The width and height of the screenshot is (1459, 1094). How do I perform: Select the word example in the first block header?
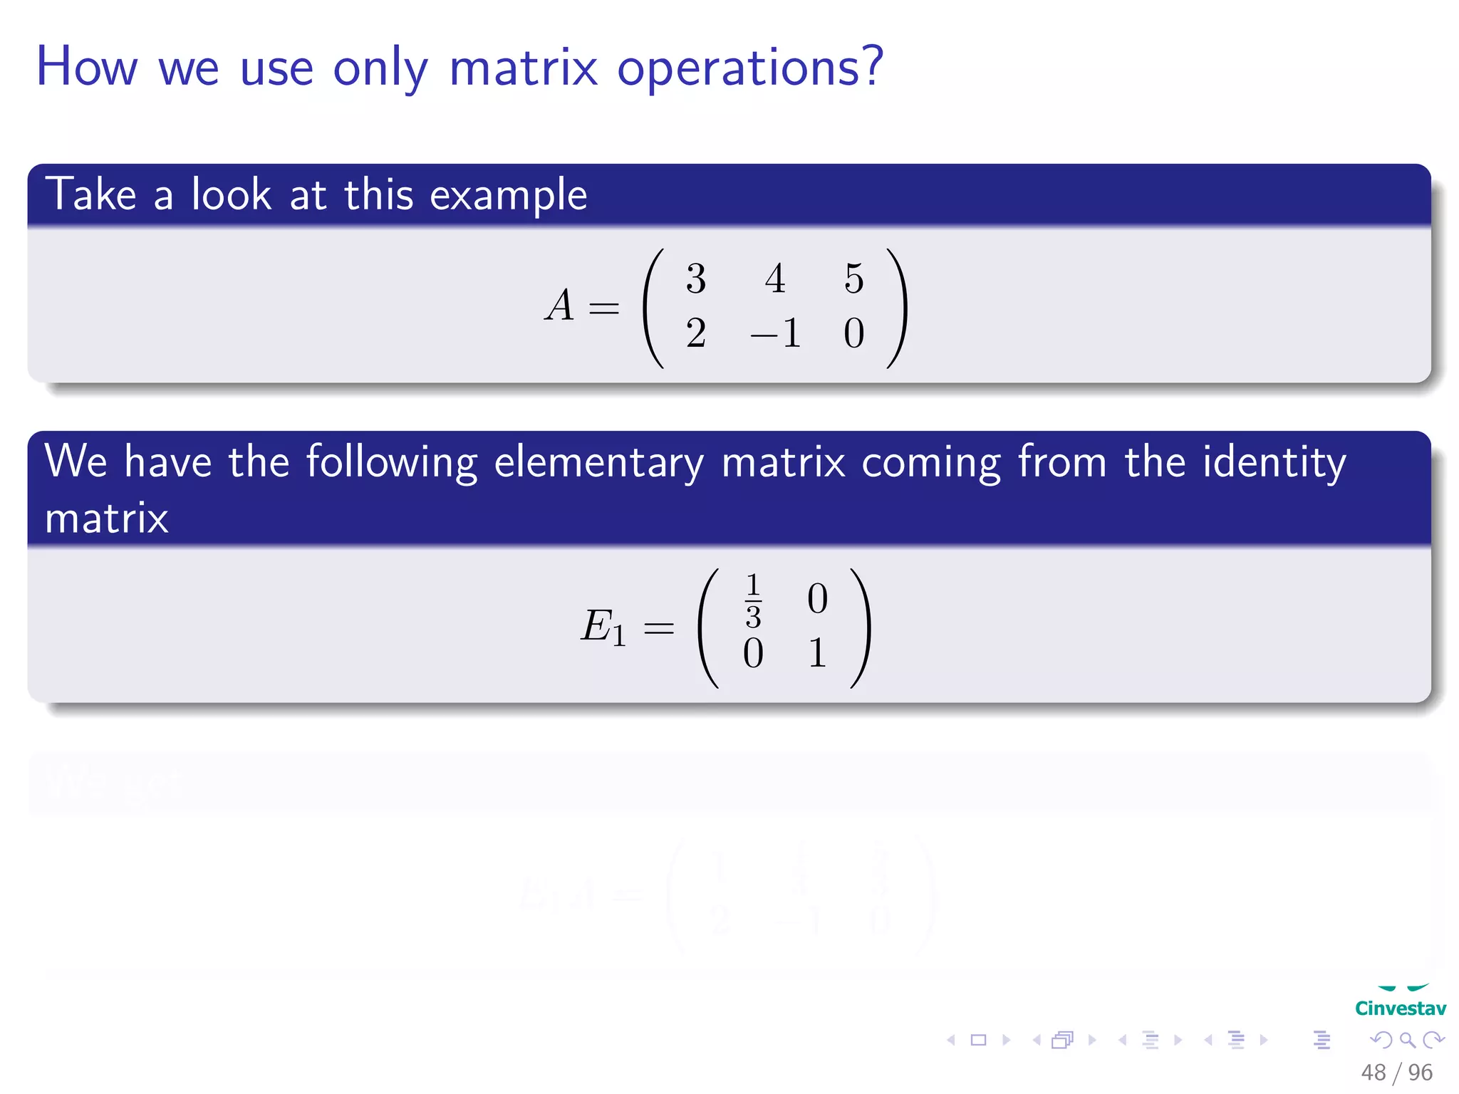[508, 196]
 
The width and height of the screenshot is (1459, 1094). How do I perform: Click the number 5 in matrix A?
[853, 278]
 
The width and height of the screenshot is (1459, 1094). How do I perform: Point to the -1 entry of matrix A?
[776, 333]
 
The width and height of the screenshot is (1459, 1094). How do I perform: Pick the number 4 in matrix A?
[775, 278]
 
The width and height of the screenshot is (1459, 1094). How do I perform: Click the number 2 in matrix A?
[696, 333]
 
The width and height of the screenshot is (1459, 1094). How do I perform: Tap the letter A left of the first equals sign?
[560, 306]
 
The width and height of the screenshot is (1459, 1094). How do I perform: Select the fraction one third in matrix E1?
[753, 600]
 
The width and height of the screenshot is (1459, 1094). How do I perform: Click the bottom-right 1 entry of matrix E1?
[817, 653]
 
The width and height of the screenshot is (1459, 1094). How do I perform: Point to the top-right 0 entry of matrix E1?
[817, 599]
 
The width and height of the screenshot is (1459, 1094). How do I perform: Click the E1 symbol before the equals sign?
[603, 627]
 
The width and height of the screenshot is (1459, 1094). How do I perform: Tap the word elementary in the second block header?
[598, 463]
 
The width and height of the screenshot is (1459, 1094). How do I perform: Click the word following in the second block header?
[391, 463]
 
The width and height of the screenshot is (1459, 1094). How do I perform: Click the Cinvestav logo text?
[1400, 1009]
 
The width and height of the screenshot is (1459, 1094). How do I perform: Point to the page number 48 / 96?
[1396, 1072]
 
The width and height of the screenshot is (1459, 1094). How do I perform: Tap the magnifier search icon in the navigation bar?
[1407, 1040]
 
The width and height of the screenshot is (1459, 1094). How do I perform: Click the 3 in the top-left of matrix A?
[696, 278]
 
